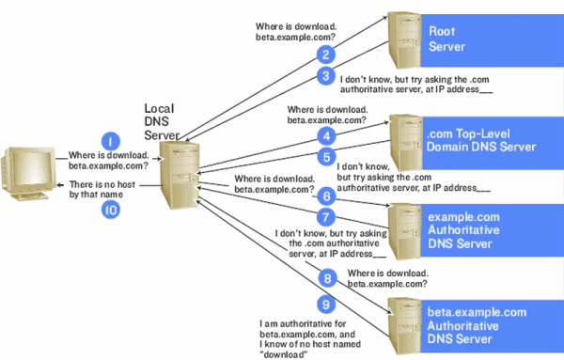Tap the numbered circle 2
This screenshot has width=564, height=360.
(x=324, y=55)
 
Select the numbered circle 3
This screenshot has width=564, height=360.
(x=324, y=76)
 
